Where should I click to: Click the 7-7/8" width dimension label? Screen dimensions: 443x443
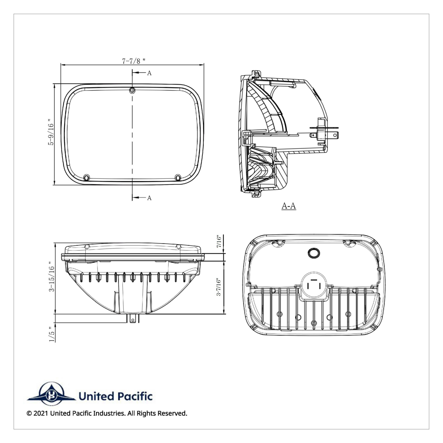coord(131,61)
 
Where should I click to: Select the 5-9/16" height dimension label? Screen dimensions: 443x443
coord(51,134)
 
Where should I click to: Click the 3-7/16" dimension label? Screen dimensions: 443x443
coord(219,287)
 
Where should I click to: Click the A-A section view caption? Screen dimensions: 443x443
coord(289,206)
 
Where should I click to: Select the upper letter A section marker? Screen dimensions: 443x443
coord(149,73)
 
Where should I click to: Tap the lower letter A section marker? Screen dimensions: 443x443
coord(149,198)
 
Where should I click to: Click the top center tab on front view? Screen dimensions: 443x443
coord(132,90)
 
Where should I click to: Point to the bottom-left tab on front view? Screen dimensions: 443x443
coord(87,178)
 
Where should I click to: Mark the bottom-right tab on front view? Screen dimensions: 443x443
coord(179,178)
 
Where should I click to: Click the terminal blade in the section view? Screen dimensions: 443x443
coord(334,135)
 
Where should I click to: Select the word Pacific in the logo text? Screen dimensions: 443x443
coord(135,396)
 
